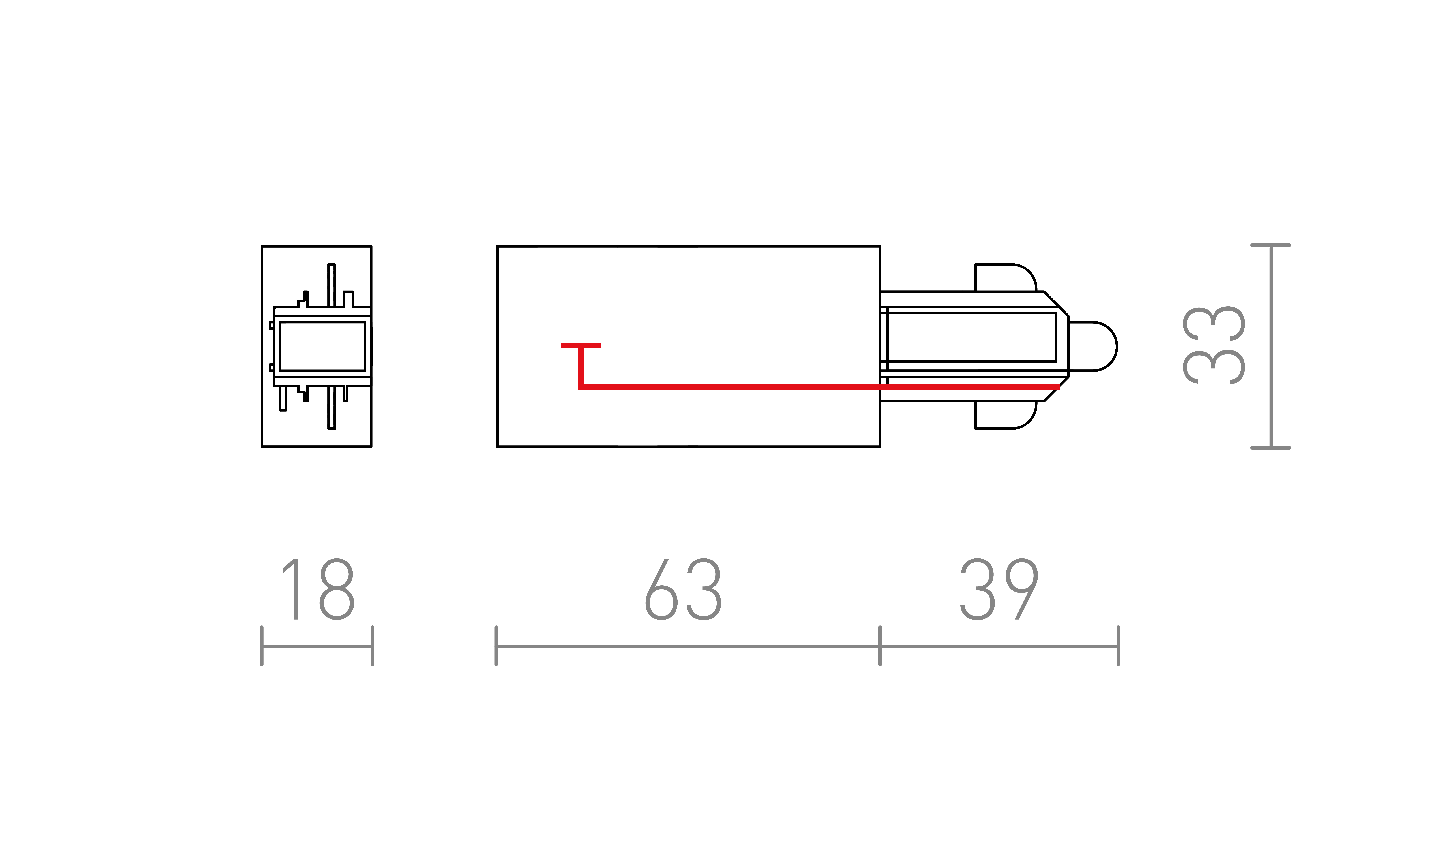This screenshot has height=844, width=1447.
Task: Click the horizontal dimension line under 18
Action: [x=317, y=646]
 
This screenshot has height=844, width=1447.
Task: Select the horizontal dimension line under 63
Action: [x=688, y=646]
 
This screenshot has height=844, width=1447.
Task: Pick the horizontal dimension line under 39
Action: [x=999, y=646]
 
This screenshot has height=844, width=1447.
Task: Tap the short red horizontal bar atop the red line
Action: [x=580, y=345]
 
